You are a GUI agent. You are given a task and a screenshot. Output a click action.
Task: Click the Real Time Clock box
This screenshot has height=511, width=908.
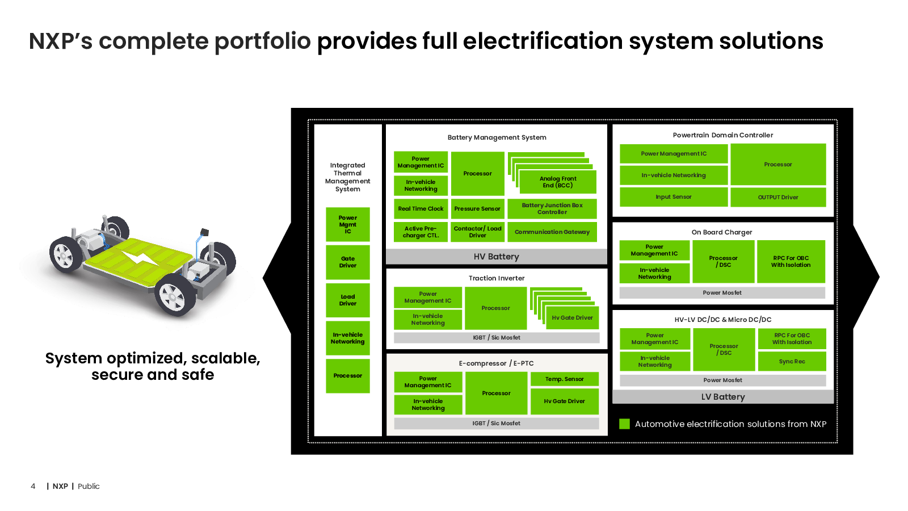point(421,209)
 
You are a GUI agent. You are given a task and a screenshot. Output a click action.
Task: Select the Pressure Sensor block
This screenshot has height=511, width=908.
point(477,209)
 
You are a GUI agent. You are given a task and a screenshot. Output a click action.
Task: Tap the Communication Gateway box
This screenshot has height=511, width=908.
point(552,232)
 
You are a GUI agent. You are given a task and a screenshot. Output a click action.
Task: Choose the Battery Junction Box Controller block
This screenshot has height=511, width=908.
point(552,209)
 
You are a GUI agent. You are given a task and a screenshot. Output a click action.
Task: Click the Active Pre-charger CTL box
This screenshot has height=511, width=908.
point(421,232)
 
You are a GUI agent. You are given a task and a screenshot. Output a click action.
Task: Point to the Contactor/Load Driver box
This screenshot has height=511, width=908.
point(477,232)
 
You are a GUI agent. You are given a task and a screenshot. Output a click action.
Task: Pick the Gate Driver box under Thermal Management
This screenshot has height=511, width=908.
point(348,262)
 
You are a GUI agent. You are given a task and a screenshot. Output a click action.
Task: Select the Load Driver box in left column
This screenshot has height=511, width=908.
point(348,300)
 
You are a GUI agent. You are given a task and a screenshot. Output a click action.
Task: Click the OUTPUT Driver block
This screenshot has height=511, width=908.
point(778,197)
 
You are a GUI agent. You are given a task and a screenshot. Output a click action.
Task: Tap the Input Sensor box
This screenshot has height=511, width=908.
point(674,197)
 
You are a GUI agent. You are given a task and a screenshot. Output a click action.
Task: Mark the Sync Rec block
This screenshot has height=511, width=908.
point(792,362)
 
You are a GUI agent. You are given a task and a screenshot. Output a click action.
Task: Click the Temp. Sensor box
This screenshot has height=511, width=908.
point(564,379)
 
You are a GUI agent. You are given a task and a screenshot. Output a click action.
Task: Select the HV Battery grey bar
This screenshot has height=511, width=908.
point(496,257)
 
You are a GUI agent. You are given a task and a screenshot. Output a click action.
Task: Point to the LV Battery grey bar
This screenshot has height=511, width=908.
point(722,397)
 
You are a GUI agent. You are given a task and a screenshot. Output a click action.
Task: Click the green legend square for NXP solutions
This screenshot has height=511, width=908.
point(624,424)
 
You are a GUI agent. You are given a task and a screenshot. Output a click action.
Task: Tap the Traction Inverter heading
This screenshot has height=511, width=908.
point(497,278)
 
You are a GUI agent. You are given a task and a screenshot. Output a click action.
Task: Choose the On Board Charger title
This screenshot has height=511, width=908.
point(722,232)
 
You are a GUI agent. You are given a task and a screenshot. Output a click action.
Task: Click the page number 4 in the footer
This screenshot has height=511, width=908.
point(33,486)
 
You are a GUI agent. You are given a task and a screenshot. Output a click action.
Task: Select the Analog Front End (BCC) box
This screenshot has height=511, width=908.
point(557,182)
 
